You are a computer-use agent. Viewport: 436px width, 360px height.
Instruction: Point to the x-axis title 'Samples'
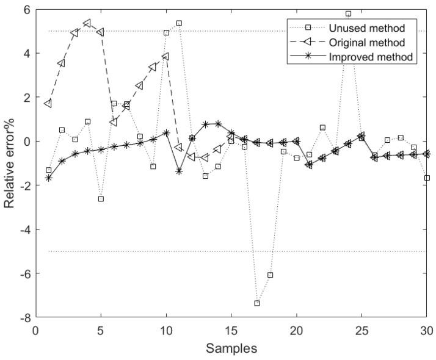coord(231,349)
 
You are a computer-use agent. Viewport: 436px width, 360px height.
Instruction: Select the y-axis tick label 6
coord(26,10)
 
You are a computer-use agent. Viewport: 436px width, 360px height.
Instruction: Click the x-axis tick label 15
coord(231,333)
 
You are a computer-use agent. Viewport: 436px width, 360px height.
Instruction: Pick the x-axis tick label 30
coord(427,333)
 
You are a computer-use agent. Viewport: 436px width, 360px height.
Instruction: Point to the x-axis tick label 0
coord(35,333)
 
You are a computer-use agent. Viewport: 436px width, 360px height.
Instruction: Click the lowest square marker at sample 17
coord(257,303)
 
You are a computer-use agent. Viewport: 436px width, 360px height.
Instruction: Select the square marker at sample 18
coord(271,275)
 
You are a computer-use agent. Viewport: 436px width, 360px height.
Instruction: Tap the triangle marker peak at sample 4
coord(87,23)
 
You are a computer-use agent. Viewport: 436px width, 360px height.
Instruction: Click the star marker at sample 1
coord(48,178)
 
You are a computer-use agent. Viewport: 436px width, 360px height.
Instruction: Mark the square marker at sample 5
coord(101,199)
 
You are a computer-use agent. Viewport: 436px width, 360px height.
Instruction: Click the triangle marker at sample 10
coord(165,56)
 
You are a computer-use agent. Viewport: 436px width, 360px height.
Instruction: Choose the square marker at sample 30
coord(427,178)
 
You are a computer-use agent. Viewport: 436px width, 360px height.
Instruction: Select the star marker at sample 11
coord(179,171)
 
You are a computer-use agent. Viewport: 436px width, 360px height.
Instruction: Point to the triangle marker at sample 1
coord(48,104)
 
